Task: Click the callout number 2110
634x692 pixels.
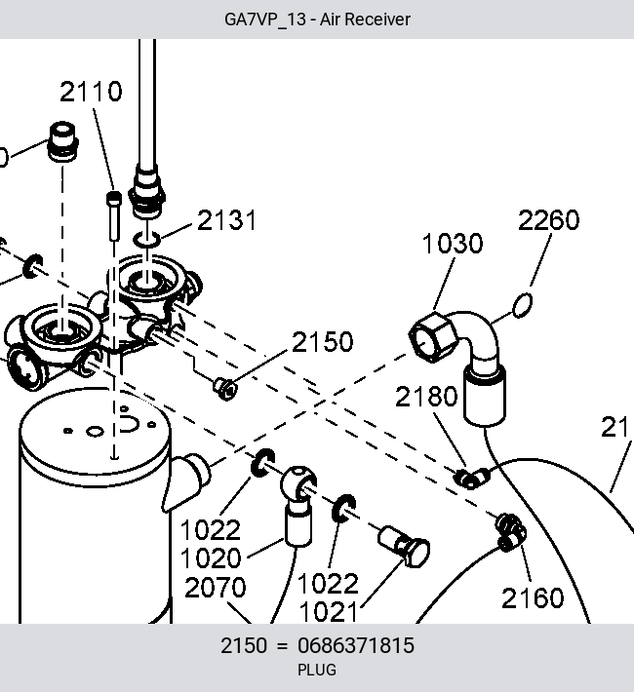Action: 91,92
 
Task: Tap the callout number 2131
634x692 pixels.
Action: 226,219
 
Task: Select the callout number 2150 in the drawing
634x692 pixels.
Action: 323,341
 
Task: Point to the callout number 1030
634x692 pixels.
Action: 453,243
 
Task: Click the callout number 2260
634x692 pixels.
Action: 548,219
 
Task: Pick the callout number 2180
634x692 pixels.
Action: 426,396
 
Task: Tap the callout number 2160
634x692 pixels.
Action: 533,598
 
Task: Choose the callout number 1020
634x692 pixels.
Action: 211,557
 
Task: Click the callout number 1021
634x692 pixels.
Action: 328,612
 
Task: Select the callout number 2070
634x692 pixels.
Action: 216,588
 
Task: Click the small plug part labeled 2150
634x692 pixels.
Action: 225,388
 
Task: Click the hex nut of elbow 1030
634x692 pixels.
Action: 432,337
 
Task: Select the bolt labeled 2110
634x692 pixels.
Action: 114,216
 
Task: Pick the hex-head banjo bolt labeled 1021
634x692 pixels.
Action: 404,546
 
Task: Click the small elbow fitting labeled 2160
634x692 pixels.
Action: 511,532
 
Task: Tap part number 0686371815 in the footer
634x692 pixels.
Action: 356,645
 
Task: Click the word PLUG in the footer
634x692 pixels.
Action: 317,670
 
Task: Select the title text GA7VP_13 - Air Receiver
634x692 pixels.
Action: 317,19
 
